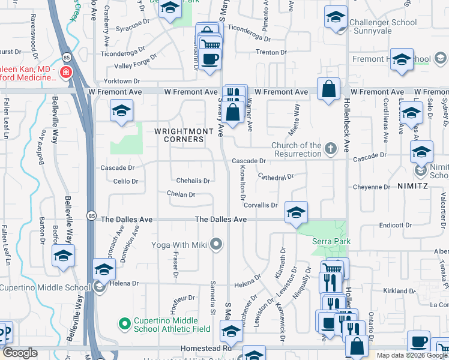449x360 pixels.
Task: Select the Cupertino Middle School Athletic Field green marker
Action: click(125, 325)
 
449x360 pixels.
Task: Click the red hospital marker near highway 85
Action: click(65, 73)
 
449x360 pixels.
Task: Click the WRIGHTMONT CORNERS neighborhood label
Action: click(179, 135)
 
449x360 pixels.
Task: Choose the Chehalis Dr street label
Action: click(193, 181)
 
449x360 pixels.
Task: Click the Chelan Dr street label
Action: click(181, 194)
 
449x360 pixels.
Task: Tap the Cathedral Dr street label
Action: click(276, 177)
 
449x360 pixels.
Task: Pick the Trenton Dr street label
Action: click(271, 52)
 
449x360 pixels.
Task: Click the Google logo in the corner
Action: click(20, 353)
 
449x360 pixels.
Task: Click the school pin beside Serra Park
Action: click(296, 213)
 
